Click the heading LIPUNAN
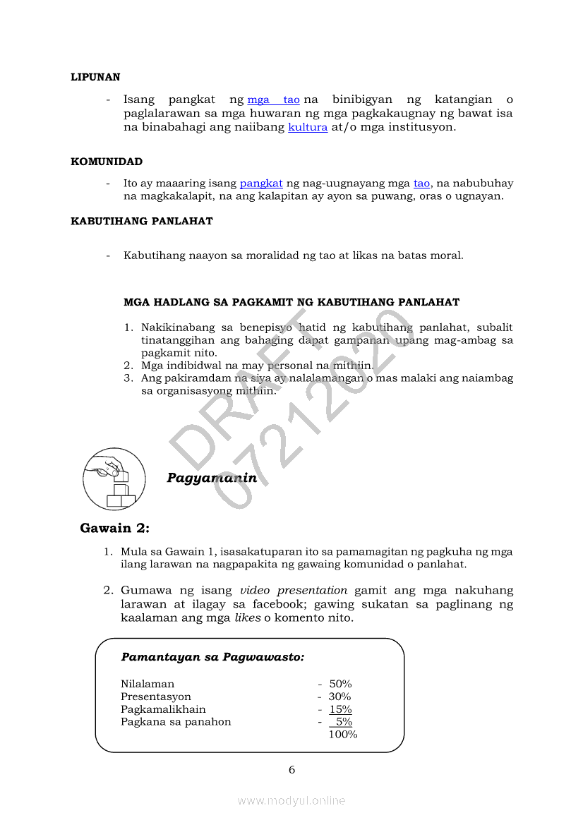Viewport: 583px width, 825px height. [95, 77]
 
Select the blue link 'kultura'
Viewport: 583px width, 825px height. [308, 128]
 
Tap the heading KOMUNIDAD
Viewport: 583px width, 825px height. [107, 162]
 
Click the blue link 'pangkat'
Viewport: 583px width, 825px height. [261, 183]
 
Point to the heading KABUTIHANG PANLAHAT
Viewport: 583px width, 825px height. [142, 221]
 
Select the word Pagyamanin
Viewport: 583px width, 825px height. [212, 478]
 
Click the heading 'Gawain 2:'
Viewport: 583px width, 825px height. [115, 528]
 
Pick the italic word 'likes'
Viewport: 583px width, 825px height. [247, 618]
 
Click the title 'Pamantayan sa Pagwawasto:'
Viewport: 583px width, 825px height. [212, 657]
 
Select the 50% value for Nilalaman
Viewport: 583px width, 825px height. [340, 684]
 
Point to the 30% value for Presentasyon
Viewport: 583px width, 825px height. [339, 697]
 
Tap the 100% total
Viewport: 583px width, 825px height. [343, 735]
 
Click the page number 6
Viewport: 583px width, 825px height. [291, 770]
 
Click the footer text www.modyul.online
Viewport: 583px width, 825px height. [291, 800]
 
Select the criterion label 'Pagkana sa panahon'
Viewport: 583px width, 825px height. [176, 722]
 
